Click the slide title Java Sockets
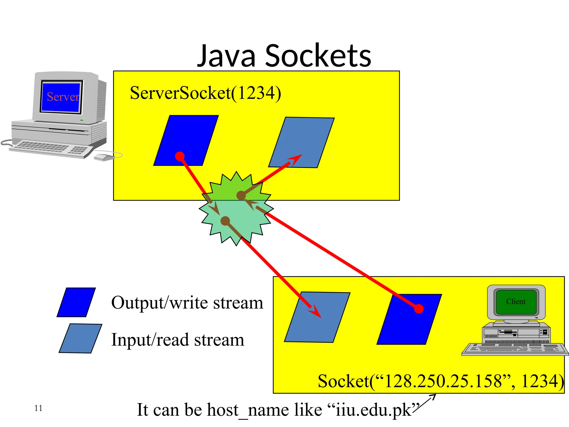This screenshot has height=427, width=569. (284, 56)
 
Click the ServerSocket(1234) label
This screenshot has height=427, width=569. (205, 93)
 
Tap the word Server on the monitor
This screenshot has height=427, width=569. (63, 97)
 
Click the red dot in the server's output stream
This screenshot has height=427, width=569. (180, 156)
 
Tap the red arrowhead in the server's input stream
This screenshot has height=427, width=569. (296, 160)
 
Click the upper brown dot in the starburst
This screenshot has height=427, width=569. (241, 195)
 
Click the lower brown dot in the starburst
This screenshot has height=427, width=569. (225, 221)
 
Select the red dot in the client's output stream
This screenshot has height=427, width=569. (418, 309)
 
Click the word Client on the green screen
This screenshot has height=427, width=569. (516, 302)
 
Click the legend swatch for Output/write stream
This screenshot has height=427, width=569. (76, 302)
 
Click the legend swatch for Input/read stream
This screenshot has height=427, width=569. (81, 338)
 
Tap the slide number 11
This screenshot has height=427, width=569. (38, 408)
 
